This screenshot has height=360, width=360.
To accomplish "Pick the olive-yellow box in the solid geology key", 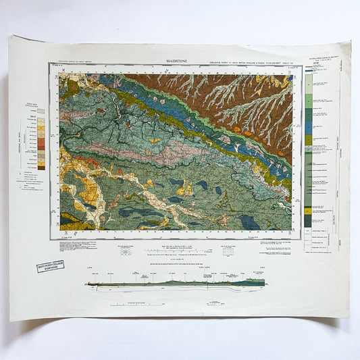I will point(308,139).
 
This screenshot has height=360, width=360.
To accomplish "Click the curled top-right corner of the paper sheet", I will point(345,47).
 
